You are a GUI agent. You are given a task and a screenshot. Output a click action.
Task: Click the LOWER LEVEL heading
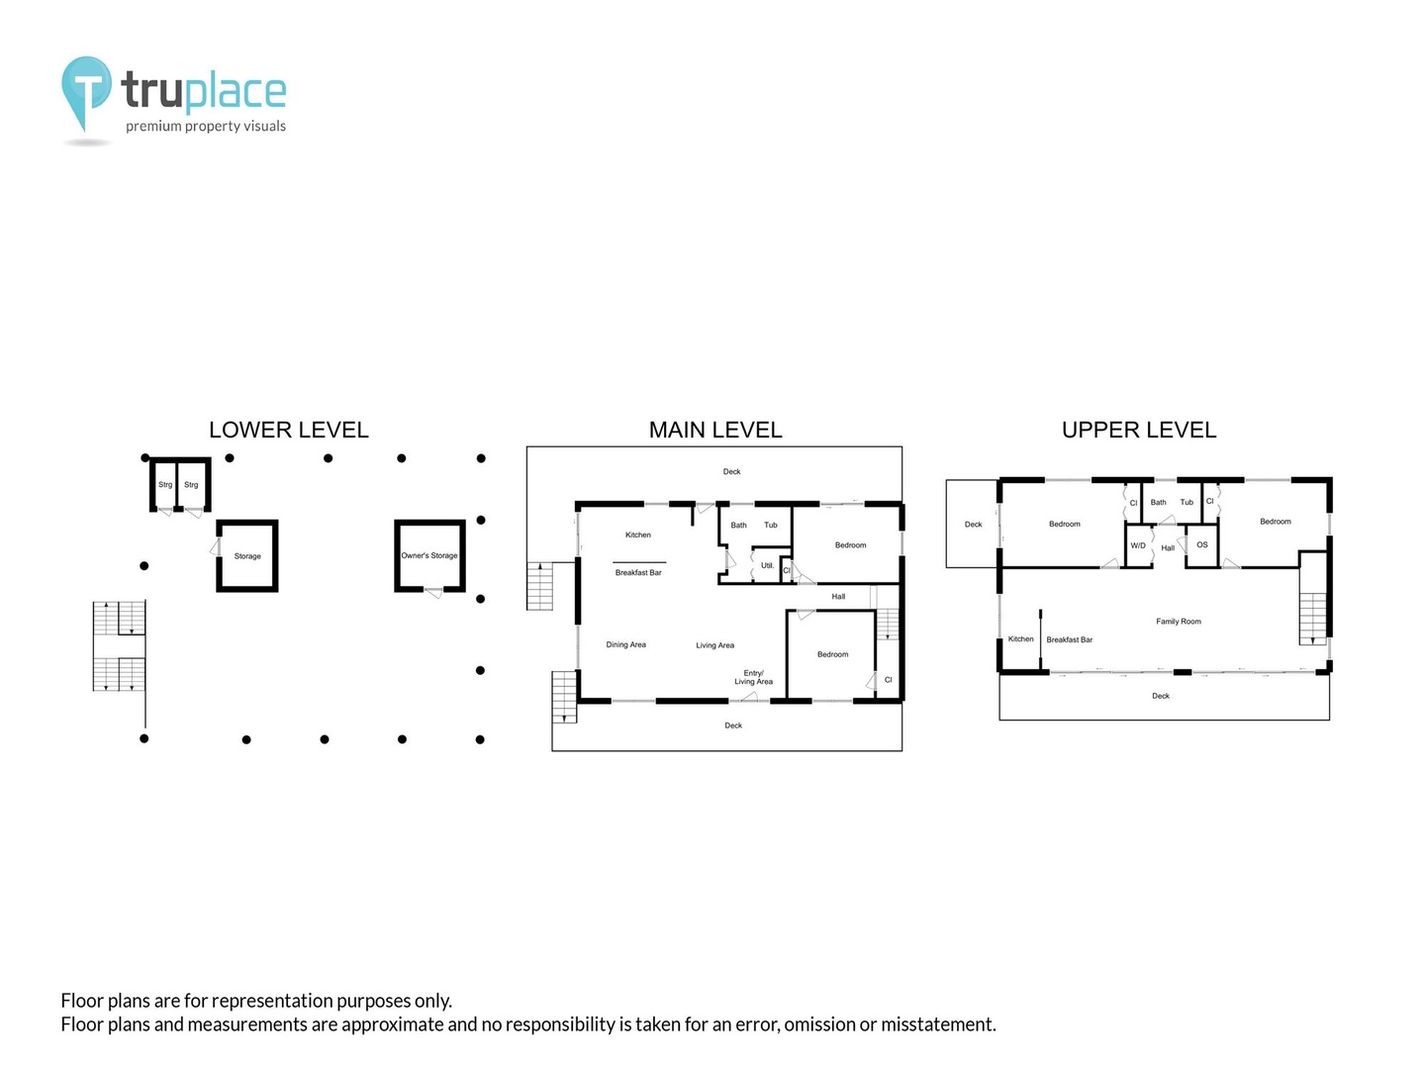coord(288,430)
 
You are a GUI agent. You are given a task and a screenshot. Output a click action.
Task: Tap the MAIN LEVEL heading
coord(715,430)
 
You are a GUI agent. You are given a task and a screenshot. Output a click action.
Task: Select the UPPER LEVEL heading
coord(1139,430)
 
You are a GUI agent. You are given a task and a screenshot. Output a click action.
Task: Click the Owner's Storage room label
coord(429,555)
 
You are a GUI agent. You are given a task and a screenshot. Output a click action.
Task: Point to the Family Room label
coord(1179,622)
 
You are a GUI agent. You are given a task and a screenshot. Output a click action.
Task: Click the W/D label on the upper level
coord(1138,545)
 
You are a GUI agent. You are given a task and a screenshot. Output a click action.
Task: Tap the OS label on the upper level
coord(1202,544)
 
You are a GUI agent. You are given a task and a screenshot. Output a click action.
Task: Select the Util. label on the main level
coord(767,565)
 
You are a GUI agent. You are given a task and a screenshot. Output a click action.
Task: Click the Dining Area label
coord(625,644)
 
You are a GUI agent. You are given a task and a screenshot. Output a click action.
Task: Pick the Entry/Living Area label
coord(754,677)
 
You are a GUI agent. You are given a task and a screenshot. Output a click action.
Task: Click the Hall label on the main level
coord(838,597)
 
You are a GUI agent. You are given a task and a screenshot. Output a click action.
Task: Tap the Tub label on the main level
coord(771,525)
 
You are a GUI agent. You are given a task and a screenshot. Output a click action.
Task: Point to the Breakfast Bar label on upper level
coord(1069,640)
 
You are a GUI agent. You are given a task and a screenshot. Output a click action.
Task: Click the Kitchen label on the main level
coord(637,534)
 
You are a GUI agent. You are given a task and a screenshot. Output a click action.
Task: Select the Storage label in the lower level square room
coord(247,556)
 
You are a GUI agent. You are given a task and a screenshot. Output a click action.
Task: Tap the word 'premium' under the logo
coord(153,126)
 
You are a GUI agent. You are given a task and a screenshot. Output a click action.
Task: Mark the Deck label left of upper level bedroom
coord(973,525)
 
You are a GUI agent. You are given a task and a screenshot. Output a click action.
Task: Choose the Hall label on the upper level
coord(1168,547)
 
